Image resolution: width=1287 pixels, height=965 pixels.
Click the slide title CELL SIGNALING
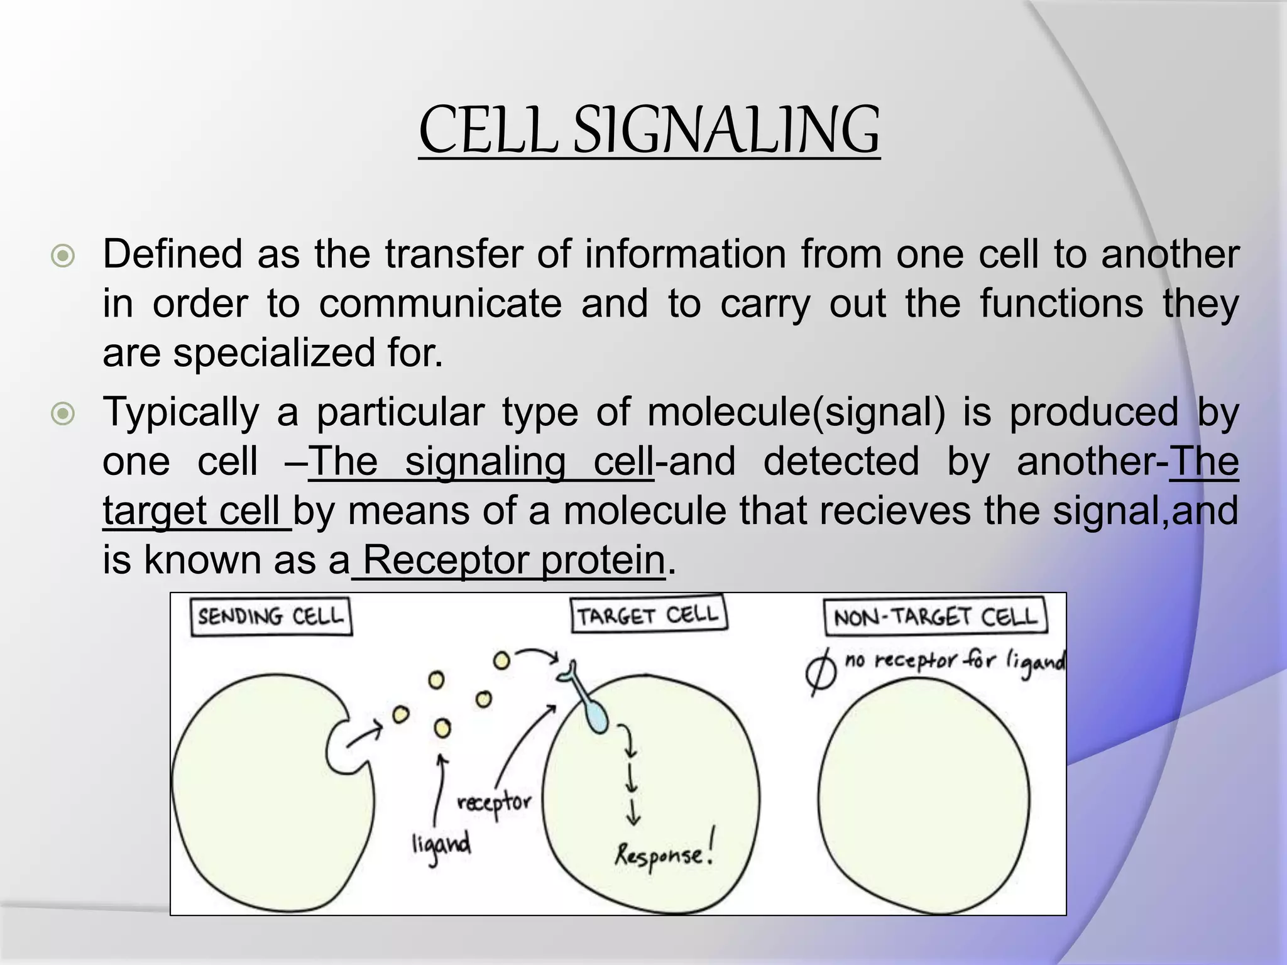tap(649, 130)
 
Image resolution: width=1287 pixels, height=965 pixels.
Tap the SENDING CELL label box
tap(271, 616)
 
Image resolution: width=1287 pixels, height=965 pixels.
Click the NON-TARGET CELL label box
tap(934, 617)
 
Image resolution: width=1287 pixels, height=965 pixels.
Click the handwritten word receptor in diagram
tap(494, 804)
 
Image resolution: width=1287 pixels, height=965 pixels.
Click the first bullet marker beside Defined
tap(63, 256)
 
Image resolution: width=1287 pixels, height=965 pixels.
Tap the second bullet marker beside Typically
tap(63, 414)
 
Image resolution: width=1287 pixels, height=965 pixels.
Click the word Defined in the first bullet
tap(173, 254)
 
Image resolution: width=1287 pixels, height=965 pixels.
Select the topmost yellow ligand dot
tap(501, 660)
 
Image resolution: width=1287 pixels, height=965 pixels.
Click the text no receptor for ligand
tap(954, 662)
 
